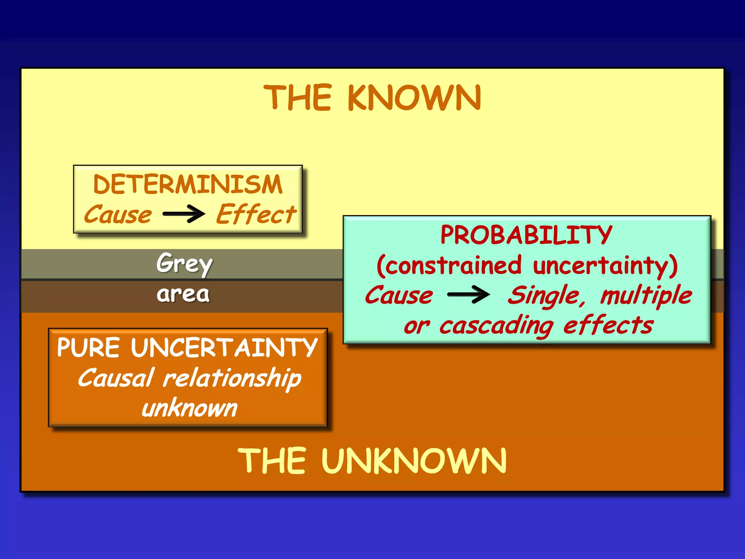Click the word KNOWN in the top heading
coord(414,98)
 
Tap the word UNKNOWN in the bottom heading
coord(414,461)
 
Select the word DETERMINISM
coord(188,184)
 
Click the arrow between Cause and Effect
coord(184,214)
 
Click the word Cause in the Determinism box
coord(118,214)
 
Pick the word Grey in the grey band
coord(184,263)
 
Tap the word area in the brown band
coord(183,294)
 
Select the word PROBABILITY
coord(526,235)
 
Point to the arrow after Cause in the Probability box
coord(469,294)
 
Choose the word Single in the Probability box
coord(546,295)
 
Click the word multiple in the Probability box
coord(646,295)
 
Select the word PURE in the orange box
coord(88,348)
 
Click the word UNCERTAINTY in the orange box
coord(224,348)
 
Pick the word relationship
coord(232,378)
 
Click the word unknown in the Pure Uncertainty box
coord(189,408)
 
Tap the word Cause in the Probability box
coord(399,295)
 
